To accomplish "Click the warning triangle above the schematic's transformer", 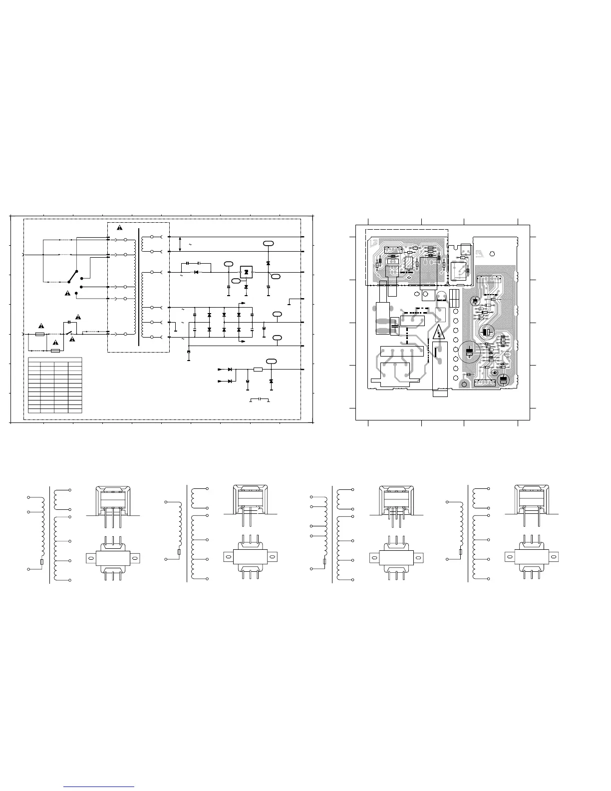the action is pos(120,228).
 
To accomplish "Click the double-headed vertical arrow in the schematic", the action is pos(180,244).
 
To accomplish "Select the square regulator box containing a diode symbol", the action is pos(246,272).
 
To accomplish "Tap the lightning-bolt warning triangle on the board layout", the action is pos(439,333).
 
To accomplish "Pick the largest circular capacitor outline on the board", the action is pos(470,352).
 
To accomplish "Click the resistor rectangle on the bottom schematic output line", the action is pos(258,370).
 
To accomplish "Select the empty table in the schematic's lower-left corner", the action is pos(55,385).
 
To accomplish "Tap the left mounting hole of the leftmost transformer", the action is pos(90,556).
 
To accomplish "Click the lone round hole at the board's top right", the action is pos(492,254).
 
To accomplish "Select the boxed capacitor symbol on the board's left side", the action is pos(395,326).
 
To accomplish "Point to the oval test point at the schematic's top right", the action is pos(269,243).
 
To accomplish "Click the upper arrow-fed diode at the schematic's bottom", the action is pos(230,369).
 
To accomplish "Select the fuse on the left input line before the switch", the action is pos(41,333).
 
